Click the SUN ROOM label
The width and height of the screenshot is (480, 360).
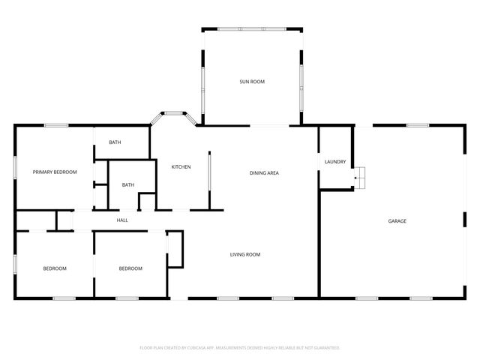252,82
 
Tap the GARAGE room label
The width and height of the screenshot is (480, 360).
397,220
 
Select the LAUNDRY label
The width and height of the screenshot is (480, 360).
334,162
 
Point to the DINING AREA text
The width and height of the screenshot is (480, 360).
264,173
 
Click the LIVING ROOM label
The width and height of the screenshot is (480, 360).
244,255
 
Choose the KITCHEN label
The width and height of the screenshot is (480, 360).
181,166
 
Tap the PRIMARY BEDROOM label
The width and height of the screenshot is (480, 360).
55,172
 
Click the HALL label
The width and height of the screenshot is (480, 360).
122,220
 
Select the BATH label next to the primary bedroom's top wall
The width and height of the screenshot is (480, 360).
115,142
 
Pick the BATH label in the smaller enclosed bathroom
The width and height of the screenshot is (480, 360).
128,185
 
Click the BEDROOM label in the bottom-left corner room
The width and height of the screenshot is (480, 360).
55,268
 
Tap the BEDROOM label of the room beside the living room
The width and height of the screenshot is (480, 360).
130,268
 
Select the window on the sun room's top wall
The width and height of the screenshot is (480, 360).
252,29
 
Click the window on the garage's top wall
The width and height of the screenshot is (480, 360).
417,125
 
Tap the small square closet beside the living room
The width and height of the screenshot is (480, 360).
175,249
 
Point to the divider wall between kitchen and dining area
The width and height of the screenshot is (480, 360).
209,180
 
